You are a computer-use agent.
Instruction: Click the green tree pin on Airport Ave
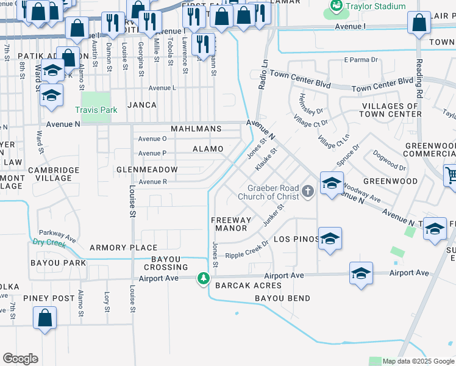click(x=203, y=279)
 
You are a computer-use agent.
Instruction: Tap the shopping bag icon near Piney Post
click(x=45, y=318)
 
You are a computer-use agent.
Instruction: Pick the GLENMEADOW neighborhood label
click(x=147, y=170)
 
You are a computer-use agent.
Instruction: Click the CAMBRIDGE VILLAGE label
click(x=54, y=174)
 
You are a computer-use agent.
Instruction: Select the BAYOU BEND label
click(x=282, y=298)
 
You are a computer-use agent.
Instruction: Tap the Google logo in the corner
click(x=20, y=358)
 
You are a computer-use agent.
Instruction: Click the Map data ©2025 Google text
click(x=418, y=361)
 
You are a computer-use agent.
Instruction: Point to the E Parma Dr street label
click(x=361, y=60)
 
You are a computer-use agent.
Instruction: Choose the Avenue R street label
click(x=153, y=182)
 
